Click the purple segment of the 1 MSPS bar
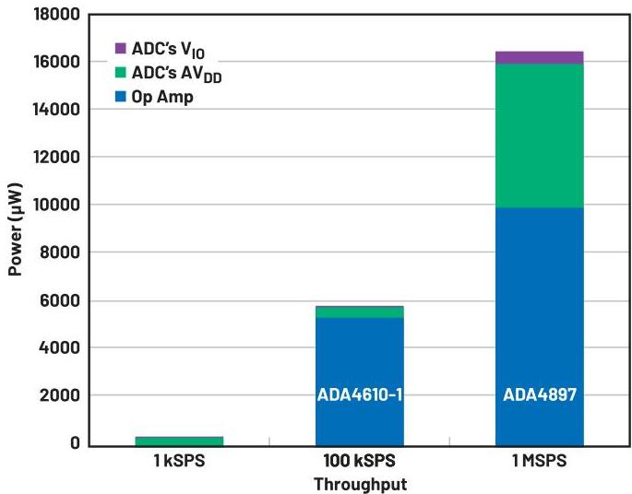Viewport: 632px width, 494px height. coord(539,57)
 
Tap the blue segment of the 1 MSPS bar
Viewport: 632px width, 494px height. coord(539,304)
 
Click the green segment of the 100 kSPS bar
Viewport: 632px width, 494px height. coord(359,312)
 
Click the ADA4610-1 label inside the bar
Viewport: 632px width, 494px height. coord(359,395)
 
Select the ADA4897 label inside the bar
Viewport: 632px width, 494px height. coord(539,395)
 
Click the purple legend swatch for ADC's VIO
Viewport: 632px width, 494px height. coord(120,48)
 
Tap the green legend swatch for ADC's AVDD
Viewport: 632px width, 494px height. coord(120,73)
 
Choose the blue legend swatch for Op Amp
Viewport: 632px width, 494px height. coord(120,97)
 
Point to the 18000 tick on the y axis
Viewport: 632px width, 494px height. coord(57,14)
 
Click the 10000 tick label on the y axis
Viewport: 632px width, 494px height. coord(57,205)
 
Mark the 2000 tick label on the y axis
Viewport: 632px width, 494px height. coord(61,395)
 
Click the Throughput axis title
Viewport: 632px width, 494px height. coord(359,483)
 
